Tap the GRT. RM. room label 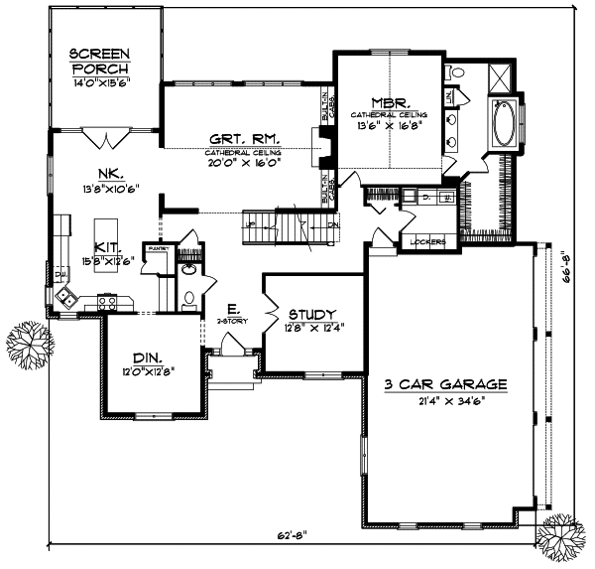point(243,140)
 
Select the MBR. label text point(384,102)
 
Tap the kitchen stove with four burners point(108,299)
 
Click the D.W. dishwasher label point(59,272)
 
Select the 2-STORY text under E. point(230,321)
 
